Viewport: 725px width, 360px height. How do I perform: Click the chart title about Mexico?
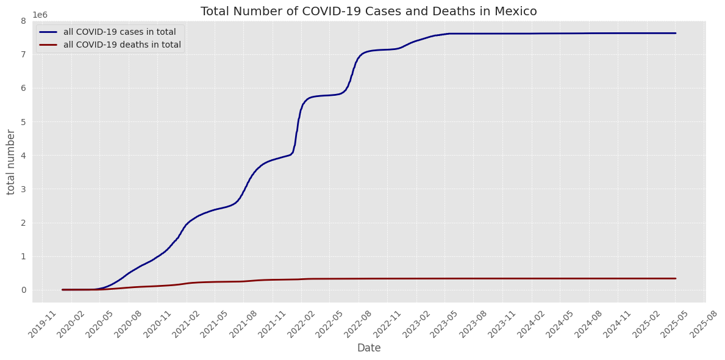(368, 11)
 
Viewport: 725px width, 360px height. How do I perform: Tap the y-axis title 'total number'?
(12, 162)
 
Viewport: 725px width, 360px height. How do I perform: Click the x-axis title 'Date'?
(369, 348)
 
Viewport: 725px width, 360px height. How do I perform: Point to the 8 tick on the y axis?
(23, 21)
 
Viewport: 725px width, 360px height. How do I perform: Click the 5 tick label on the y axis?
(23, 122)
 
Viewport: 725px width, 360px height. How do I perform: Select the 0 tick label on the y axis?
(23, 290)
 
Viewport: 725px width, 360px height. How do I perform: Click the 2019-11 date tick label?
(44, 320)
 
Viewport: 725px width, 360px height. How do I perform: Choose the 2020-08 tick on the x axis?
(130, 320)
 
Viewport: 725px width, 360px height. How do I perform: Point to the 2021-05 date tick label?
(216, 320)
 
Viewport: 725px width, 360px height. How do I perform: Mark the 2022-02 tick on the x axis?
(303, 320)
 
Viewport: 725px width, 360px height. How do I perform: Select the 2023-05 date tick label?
(446, 320)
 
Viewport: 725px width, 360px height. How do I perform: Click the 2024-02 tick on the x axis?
(533, 320)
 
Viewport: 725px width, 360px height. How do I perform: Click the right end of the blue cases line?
(676, 33)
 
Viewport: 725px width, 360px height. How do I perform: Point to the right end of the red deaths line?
(676, 278)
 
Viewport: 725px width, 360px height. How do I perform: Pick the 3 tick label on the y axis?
(23, 189)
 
